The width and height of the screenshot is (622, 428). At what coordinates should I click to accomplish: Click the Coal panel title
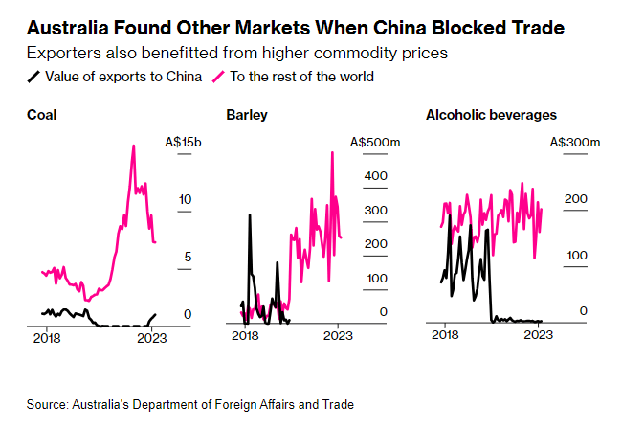coord(42,115)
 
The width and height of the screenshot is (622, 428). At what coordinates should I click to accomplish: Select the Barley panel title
coord(247,115)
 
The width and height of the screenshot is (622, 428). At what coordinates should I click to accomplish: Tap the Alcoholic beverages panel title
coord(491,115)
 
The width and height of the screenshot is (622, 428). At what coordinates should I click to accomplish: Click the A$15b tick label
coord(184,142)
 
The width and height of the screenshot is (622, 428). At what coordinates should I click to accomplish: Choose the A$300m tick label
coord(575,142)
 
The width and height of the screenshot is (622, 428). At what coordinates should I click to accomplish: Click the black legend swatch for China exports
coord(33,76)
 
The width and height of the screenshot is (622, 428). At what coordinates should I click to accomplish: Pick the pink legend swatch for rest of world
coord(218,76)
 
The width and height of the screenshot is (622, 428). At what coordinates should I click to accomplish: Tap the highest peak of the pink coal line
coord(133,146)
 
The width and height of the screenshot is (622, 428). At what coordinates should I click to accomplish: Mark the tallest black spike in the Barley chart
coord(250,214)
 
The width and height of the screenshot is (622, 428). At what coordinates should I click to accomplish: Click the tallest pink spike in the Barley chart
coord(332,152)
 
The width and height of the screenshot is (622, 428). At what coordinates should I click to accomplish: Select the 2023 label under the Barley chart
coord(338,337)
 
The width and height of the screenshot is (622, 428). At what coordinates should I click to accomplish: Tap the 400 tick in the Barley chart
coord(374,176)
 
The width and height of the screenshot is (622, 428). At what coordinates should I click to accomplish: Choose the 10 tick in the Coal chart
coord(187,199)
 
